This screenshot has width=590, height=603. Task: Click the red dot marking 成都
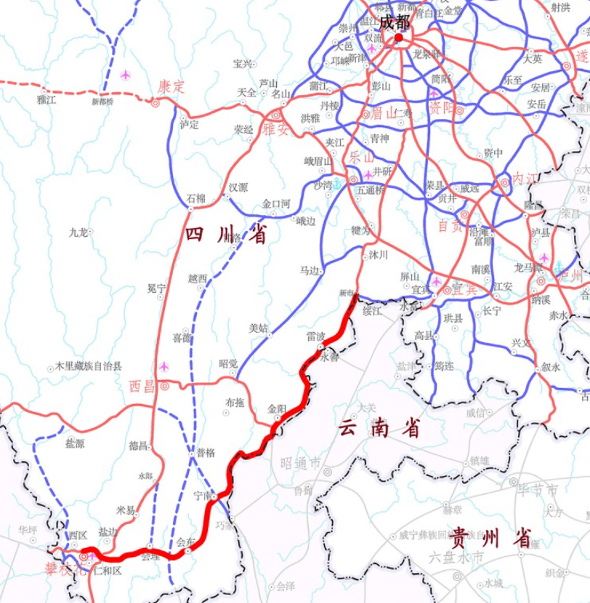398,37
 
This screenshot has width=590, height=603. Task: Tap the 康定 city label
171,86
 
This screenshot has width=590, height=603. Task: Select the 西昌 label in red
142,386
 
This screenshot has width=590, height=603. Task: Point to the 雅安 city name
276,129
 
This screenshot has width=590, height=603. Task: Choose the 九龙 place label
78,232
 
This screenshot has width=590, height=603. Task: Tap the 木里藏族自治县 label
89,367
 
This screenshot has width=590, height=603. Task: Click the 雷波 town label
316,337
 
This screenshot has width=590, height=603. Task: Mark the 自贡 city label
450,226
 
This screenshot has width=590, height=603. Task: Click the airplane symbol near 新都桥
126,75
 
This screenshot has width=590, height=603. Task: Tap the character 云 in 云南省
347,429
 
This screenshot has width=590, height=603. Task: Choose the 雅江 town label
46,100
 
